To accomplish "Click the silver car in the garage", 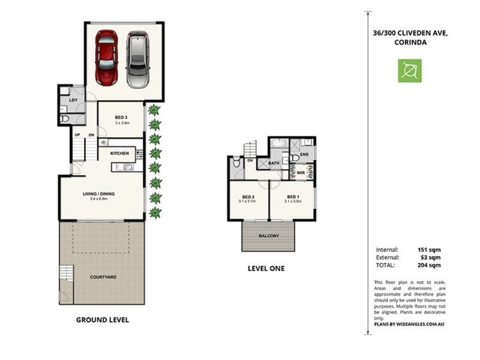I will click(138, 59).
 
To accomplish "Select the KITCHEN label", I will click(119, 154).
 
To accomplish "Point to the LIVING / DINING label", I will click(98, 194).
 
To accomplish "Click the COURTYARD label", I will click(103, 277).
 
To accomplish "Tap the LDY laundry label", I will click(73, 100).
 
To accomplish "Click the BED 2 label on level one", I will click(248, 197).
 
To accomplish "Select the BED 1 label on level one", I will click(292, 197).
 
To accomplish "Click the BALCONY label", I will click(269, 236).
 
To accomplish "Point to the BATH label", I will click(274, 163).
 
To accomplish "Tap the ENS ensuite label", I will click(304, 155).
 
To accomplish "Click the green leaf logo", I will click(409, 71).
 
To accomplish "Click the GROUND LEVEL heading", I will click(102, 320).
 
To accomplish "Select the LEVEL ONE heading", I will click(266, 268).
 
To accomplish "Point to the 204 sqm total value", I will click(430, 265).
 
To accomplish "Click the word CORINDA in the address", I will click(410, 43).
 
